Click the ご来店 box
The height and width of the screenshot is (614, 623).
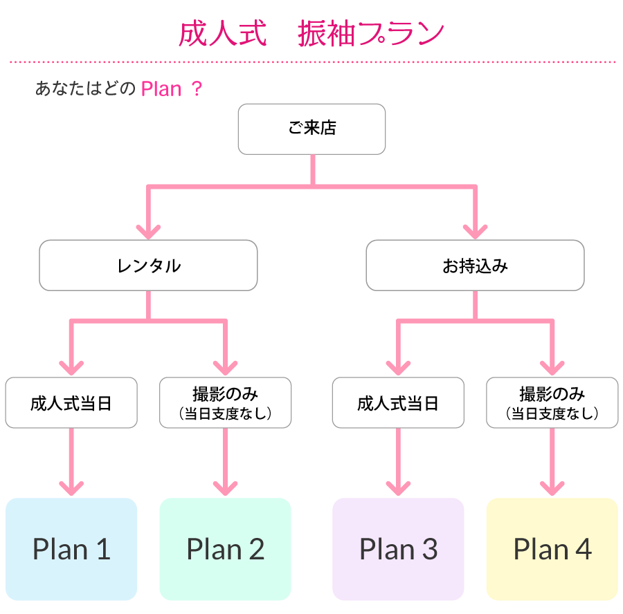(311, 129)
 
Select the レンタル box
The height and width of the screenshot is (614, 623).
(148, 265)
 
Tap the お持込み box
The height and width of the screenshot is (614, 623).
(475, 265)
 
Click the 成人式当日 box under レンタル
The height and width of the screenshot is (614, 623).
(71, 402)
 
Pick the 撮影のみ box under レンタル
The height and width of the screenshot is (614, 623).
(225, 402)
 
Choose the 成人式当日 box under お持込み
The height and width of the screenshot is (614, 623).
(398, 402)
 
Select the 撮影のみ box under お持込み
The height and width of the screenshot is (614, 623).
(552, 402)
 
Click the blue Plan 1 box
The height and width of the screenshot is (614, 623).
(71, 549)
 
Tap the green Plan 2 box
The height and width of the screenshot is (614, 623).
(225, 549)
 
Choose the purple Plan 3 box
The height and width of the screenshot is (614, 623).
(398, 549)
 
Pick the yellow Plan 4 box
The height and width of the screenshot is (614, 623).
(552, 549)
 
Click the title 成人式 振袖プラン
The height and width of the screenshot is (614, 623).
(311, 34)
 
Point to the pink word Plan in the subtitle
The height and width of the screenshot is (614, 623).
(161, 89)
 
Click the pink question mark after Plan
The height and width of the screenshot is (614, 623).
(197, 89)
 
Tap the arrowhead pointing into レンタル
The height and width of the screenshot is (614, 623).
(148, 232)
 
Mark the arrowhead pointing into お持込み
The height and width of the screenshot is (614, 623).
(475, 232)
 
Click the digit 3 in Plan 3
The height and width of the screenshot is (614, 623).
(429, 549)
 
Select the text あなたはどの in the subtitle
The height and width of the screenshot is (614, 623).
(85, 89)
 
